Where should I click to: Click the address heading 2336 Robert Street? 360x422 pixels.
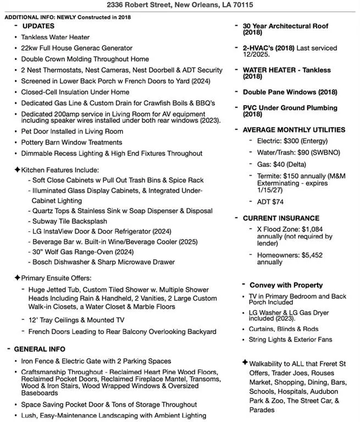point(180,5)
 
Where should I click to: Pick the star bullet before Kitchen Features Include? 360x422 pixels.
point(17,170)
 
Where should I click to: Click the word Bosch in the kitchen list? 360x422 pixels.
point(43,262)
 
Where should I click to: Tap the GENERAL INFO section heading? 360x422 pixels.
point(39,349)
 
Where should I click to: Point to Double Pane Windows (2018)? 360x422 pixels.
point(290,92)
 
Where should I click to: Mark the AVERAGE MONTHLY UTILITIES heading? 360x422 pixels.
point(294,130)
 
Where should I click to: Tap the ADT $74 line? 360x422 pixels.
point(270,202)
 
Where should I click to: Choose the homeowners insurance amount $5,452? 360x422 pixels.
point(315,255)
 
